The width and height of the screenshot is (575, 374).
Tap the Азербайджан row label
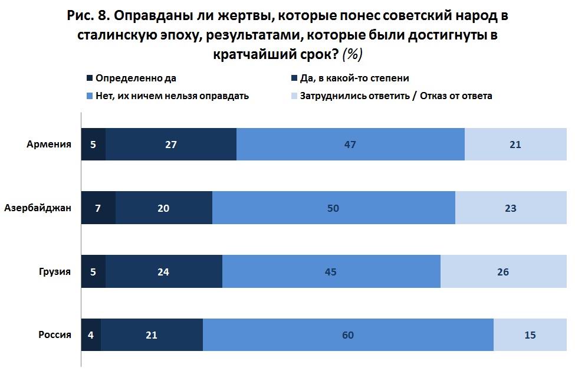pos(38,208)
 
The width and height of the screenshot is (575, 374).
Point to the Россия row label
pos(55,335)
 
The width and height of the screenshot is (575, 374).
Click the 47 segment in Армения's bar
pos(350,144)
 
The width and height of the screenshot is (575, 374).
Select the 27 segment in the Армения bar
pos(171,144)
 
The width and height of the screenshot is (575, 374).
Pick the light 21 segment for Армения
pos(515,144)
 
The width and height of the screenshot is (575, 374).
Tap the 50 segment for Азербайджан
pos(334,208)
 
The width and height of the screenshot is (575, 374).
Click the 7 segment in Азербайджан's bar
pos(98,208)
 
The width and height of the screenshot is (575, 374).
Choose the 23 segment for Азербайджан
pos(511,208)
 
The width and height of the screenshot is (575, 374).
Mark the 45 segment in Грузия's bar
pos(331,271)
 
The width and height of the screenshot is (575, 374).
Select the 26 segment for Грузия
pos(502,271)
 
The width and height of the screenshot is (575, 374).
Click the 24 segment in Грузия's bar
pos(164,271)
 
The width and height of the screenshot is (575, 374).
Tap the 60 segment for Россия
pos(348,335)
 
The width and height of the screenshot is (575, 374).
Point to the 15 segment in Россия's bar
pos(530,335)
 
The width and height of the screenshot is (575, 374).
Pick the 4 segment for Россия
pos(91,335)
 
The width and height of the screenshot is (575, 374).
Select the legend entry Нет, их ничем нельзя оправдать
pos(172,96)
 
